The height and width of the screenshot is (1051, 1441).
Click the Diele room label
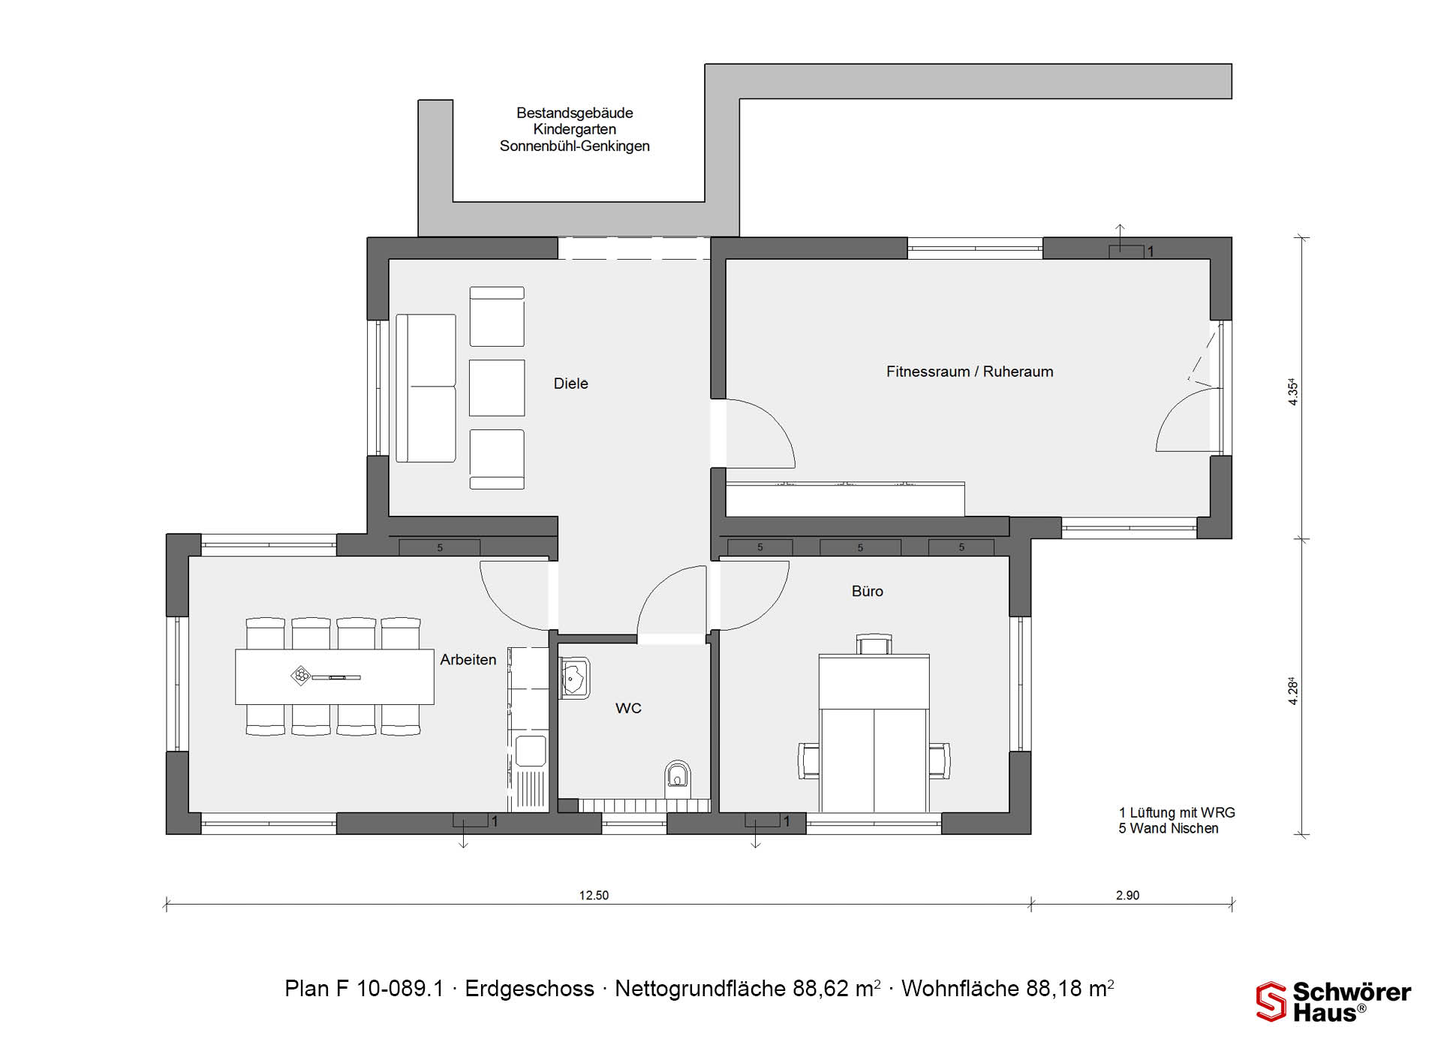[570, 384]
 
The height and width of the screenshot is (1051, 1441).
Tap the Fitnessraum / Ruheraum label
[970, 372]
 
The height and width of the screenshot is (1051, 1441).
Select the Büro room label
[867, 592]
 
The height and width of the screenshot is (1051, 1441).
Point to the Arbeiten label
[468, 660]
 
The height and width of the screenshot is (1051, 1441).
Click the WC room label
[628, 708]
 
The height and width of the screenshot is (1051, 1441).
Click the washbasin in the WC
[574, 679]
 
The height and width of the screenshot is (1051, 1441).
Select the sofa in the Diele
[426, 388]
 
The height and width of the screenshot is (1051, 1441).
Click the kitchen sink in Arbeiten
[530, 751]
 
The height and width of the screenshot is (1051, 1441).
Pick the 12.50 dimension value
[594, 896]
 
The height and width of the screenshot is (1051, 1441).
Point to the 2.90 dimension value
[1127, 896]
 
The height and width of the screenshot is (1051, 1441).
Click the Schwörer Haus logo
[1334, 1001]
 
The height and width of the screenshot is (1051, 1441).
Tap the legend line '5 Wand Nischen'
[1169, 829]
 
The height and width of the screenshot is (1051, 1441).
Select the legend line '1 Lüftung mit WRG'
[1177, 812]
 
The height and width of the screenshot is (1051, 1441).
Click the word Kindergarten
[575, 129]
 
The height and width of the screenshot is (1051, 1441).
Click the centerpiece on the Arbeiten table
[301, 676]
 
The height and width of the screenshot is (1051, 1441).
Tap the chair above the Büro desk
[874, 644]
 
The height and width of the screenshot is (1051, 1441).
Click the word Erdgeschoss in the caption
[530, 989]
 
